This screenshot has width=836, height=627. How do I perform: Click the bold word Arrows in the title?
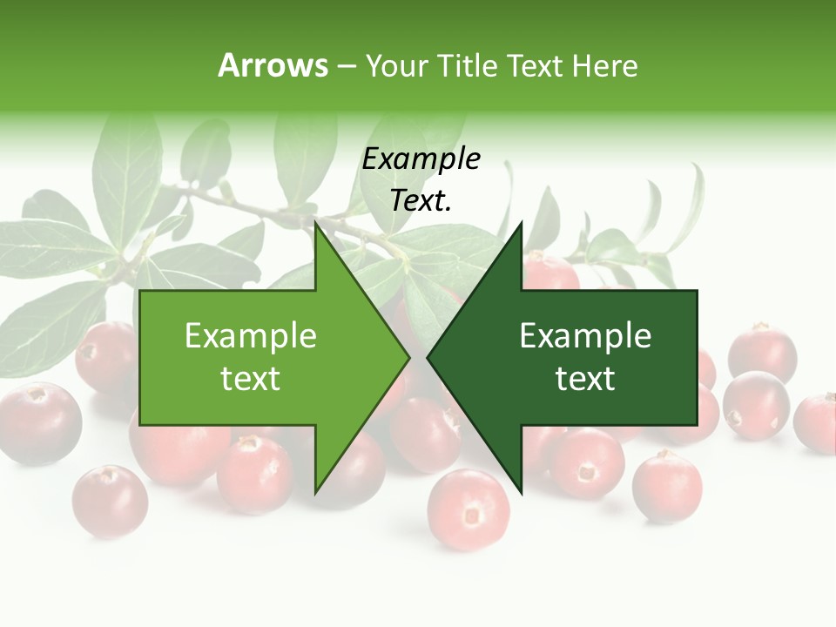[x=273, y=65]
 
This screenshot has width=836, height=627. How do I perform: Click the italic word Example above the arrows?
[x=421, y=159]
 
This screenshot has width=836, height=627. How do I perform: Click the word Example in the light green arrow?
[x=251, y=336]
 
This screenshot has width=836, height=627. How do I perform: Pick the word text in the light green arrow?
[x=251, y=379]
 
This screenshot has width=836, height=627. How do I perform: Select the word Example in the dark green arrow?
[x=585, y=336]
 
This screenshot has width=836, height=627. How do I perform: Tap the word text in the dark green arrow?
[x=585, y=379]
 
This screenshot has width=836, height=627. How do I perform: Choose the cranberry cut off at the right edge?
[x=817, y=423]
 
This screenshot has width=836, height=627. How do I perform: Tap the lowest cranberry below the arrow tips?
[x=469, y=509]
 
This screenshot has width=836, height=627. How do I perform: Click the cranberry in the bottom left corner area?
[x=110, y=501]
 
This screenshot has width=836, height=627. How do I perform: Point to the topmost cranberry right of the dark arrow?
[x=762, y=352]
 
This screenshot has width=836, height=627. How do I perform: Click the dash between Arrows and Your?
[x=346, y=66]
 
